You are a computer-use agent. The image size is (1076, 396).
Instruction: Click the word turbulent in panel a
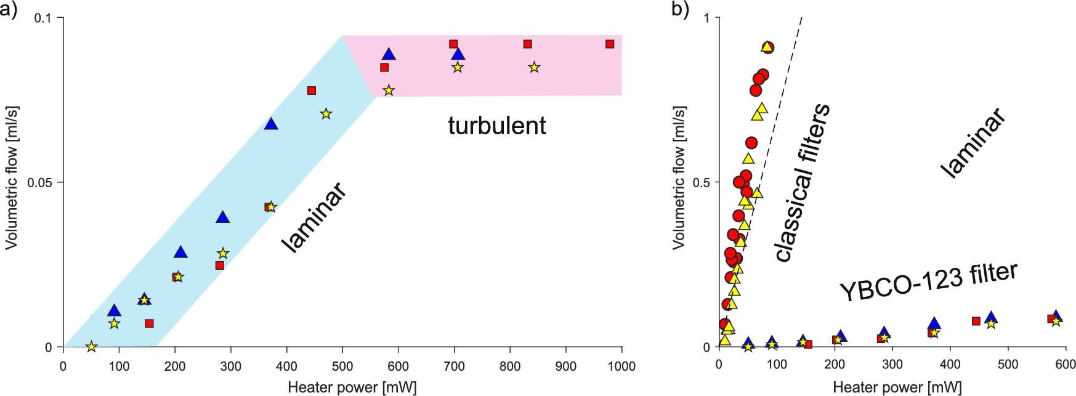click(496, 126)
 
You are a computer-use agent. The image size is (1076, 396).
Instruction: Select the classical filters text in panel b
click(802, 183)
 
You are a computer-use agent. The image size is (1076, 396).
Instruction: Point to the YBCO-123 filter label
click(928, 282)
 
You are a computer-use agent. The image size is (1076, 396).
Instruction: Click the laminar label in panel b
click(973, 143)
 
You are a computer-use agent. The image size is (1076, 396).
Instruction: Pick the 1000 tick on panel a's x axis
click(621, 366)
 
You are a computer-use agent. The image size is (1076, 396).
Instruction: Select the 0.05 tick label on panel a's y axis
click(39, 182)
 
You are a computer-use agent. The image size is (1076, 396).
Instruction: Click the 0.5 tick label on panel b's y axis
click(702, 182)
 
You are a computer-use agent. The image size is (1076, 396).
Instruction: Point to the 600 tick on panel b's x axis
click(1066, 364)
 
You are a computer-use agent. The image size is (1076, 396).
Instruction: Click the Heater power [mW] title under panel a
click(352, 387)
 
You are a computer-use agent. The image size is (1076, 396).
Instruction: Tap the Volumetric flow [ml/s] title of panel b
click(678, 177)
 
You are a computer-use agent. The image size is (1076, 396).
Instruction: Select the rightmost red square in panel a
click(610, 44)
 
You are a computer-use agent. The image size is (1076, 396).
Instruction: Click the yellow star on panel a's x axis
click(91, 347)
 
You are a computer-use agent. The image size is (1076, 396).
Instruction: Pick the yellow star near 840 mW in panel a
click(534, 67)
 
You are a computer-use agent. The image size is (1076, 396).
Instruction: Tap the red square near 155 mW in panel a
click(149, 323)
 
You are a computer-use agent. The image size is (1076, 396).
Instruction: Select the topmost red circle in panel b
click(767, 47)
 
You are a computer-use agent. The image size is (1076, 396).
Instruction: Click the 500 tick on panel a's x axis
click(342, 366)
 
